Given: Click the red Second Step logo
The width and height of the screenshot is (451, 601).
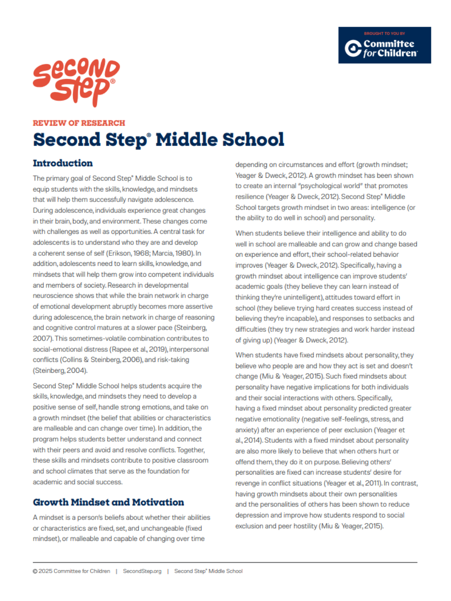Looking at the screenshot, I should pyautogui.click(x=76, y=82).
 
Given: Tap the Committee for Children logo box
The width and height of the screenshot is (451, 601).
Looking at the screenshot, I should pyautogui.click(x=384, y=45).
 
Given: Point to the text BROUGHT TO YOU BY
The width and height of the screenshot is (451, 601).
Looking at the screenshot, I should pyautogui.click(x=384, y=33).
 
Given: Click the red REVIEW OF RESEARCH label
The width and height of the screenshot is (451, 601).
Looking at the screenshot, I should pyautogui.click(x=79, y=123).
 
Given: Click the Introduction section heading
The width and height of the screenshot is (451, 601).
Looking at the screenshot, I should pyautogui.click(x=63, y=163).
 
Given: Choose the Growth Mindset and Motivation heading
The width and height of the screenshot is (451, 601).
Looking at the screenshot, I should pyautogui.click(x=108, y=502).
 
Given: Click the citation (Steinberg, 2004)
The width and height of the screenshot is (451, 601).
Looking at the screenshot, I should pyautogui.click(x=60, y=371).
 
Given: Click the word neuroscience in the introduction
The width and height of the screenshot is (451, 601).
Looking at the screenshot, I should pyautogui.click(x=53, y=296).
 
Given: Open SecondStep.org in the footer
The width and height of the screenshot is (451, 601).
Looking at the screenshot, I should pyautogui.click(x=142, y=571).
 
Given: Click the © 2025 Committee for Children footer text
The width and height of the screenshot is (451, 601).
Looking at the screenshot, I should pyautogui.click(x=71, y=571).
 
